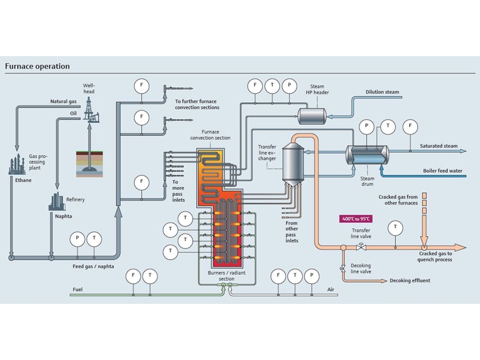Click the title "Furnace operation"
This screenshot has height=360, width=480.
pyautogui.click(x=37, y=66)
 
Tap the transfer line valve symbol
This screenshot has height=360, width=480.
pyautogui.click(x=361, y=248)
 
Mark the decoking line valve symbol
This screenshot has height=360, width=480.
pyautogui.click(x=342, y=268)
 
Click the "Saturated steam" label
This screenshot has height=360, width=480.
pyautogui.click(x=438, y=146)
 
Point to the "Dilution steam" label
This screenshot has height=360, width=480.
pyautogui.click(x=383, y=92)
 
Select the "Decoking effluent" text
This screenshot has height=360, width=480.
pyautogui.click(x=409, y=281)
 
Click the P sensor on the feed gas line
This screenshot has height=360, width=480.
pyautogui.click(x=77, y=238)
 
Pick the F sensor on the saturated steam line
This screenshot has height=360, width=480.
pyautogui.click(x=410, y=126)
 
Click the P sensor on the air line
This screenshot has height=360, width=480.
pyautogui.click(x=312, y=275)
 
